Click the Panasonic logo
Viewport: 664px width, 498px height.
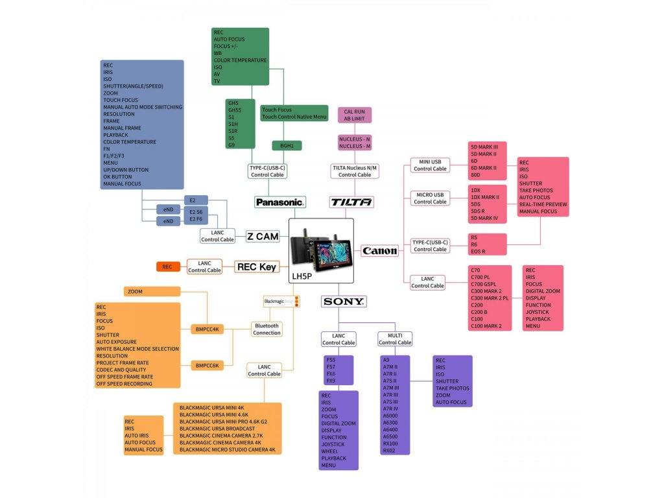[x=279, y=202]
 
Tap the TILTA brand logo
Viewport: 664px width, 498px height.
[x=351, y=202]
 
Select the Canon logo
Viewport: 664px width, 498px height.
[x=379, y=251]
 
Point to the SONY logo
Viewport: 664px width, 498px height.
[x=344, y=302]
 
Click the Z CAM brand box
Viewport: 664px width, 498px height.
[x=263, y=237]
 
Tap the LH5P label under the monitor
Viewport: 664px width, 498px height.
[x=302, y=275]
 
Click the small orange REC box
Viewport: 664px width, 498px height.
[x=167, y=267]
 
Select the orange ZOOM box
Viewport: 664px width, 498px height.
[x=143, y=292]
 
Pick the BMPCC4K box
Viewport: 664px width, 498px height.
[x=208, y=329]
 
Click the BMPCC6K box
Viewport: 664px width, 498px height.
[x=207, y=366]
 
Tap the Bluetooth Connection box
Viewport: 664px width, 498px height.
[x=267, y=329]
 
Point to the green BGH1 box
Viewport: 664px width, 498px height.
[x=287, y=146]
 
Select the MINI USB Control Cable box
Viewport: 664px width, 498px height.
[x=431, y=165]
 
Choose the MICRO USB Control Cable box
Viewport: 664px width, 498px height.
[x=431, y=198]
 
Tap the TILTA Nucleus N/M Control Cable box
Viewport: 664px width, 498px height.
[x=355, y=171]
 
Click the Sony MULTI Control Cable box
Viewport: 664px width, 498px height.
[x=395, y=338]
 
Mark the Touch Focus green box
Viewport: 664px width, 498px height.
[x=293, y=113]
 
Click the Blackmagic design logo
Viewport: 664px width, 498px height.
[x=281, y=302]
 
